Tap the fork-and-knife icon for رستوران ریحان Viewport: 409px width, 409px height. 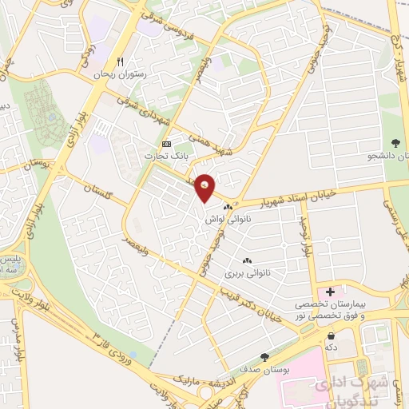coord(120,62)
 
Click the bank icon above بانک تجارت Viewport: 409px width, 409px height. coord(165,144)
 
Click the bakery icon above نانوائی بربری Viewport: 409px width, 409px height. coord(247,260)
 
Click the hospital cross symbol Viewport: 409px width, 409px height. coord(330,292)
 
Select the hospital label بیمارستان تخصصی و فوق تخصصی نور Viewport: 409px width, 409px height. coord(351,311)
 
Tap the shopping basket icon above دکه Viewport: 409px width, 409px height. coord(330,336)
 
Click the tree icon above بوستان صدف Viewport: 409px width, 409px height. coord(264,357)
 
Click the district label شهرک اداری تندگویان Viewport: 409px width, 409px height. coord(351,391)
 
